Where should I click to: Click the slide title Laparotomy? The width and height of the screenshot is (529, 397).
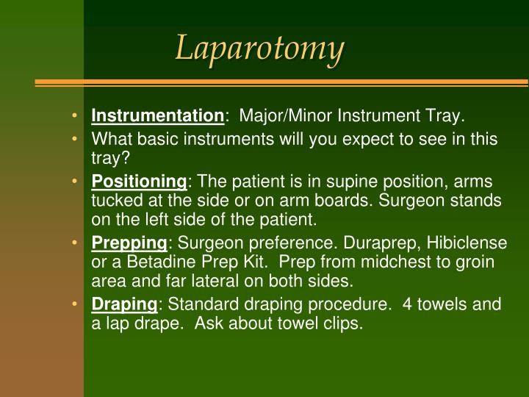pos(260,49)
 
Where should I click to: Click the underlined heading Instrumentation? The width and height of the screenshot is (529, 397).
pos(157,116)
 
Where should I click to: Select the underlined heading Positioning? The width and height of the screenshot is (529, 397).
pos(140,182)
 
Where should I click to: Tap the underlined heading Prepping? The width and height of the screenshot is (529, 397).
pos(130,243)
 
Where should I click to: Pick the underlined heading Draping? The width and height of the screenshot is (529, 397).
pos(124,304)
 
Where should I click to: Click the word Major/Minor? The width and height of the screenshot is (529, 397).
pos(282,116)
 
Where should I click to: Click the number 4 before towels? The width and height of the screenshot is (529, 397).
pos(408,304)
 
